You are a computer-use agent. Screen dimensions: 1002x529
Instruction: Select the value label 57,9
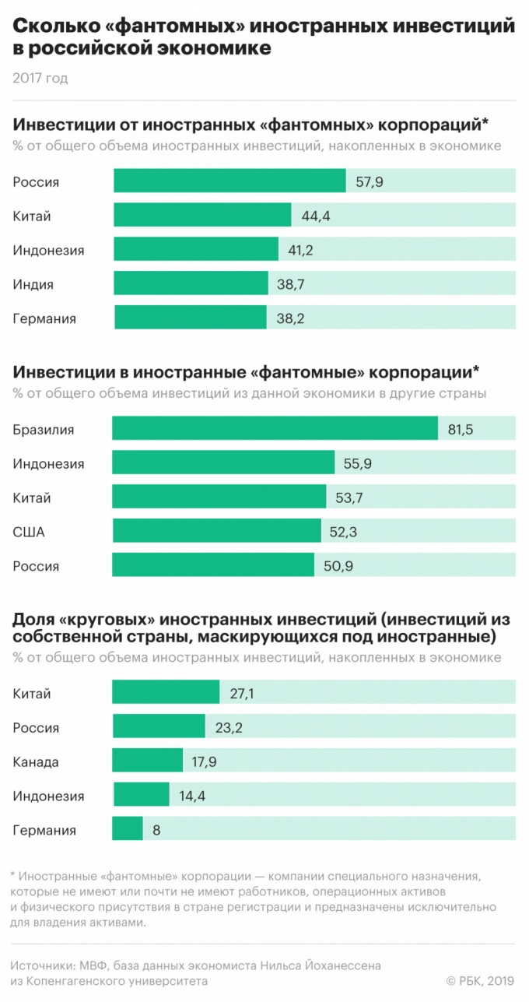[x=369, y=182]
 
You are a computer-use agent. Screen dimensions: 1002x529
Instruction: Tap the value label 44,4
[x=316, y=216]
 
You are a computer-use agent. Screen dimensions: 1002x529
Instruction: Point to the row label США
[x=29, y=532]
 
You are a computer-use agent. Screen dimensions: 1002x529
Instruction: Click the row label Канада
[x=36, y=761]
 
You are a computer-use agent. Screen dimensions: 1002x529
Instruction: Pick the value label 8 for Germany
[x=156, y=830]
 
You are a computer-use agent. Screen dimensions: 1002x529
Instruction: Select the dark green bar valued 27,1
[x=166, y=693]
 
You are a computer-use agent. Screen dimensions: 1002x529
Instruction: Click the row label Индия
[x=33, y=284]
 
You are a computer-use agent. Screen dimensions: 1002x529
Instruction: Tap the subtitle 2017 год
[x=40, y=78]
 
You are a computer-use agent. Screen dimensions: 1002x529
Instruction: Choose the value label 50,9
[x=338, y=566]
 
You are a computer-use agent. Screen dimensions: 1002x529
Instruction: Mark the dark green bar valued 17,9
[x=148, y=761]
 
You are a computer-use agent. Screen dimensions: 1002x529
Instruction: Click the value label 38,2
[x=291, y=318]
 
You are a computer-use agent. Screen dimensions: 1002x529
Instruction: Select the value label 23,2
[x=229, y=727]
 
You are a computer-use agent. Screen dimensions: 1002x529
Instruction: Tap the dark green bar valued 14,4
[x=141, y=796]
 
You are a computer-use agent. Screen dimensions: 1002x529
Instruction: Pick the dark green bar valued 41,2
[x=196, y=250]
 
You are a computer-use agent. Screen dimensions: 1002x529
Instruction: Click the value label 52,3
[x=345, y=532]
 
